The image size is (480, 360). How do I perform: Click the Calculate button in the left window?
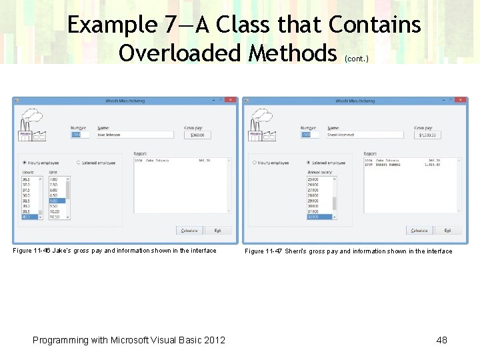(x=189, y=231)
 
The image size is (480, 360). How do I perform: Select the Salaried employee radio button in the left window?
(x=78, y=163)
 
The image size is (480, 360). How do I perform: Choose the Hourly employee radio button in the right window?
(x=254, y=163)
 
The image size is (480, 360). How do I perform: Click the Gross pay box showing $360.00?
(x=197, y=135)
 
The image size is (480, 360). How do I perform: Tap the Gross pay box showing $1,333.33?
(x=427, y=135)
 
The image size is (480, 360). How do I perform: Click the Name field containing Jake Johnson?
(x=135, y=135)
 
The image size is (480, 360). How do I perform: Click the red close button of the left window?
(x=230, y=101)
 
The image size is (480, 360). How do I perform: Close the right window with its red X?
(x=460, y=101)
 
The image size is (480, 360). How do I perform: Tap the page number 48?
(x=441, y=340)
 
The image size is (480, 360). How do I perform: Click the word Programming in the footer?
(x=60, y=340)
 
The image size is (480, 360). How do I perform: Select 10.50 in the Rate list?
(x=55, y=217)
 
